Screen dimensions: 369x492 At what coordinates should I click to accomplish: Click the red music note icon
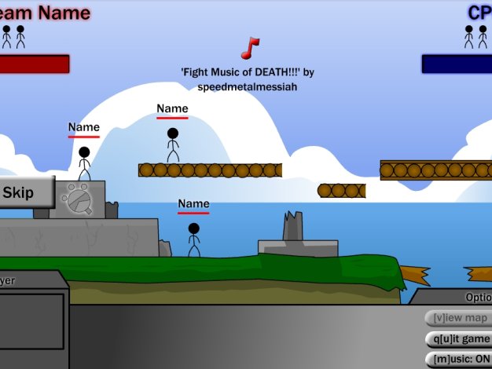(250, 48)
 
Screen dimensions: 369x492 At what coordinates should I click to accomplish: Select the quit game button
(458, 339)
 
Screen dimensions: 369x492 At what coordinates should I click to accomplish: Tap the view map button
(458, 318)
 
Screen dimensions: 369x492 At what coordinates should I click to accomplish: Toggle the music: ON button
(458, 360)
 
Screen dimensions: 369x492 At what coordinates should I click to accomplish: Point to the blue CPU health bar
(457, 64)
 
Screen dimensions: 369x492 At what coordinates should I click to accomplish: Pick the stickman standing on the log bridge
(173, 145)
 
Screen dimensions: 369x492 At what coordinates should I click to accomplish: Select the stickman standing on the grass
(193, 239)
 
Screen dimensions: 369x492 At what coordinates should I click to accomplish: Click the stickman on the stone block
(84, 163)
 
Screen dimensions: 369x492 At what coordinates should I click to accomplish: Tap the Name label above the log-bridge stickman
(172, 109)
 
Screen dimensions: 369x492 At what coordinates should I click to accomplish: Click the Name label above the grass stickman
(193, 204)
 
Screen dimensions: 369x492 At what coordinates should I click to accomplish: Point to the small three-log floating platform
(341, 191)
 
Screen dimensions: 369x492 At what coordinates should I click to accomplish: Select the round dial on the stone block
(78, 199)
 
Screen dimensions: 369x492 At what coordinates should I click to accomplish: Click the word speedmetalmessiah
(248, 86)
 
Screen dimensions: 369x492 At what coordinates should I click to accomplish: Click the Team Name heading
(45, 13)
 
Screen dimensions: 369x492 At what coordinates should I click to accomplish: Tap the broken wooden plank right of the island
(415, 275)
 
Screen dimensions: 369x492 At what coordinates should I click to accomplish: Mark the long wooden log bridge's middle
(210, 170)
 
